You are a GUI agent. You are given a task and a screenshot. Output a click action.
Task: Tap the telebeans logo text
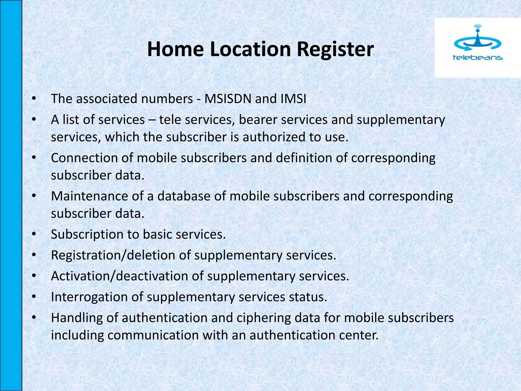point(477,58)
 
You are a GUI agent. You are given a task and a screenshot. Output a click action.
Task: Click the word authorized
point(274,137)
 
